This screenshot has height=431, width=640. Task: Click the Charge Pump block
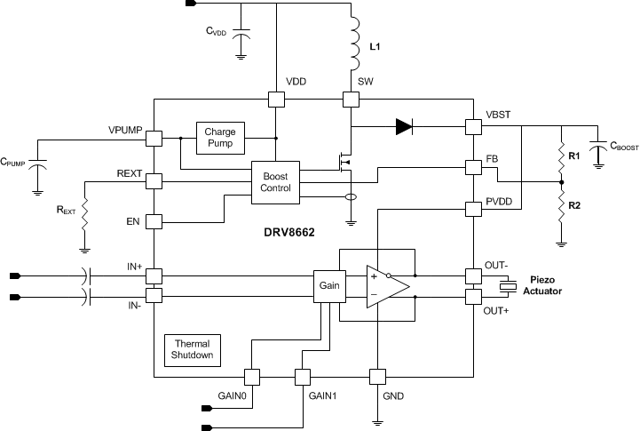pyautogui.click(x=221, y=138)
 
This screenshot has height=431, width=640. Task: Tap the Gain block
pyautogui.click(x=328, y=286)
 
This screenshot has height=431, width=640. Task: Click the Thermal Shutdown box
pyautogui.click(x=193, y=349)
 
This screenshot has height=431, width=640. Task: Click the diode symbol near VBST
pyautogui.click(x=405, y=127)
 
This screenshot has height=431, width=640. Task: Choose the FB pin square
pyautogui.click(x=473, y=168)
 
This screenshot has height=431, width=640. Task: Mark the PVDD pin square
pyautogui.click(x=473, y=211)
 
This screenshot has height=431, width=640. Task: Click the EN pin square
pyautogui.click(x=154, y=221)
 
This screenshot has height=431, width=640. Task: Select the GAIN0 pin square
pyautogui.click(x=251, y=377)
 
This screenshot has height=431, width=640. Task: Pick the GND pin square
pyautogui.click(x=376, y=377)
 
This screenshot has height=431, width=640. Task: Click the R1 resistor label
pyautogui.click(x=574, y=155)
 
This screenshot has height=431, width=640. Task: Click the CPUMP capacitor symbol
pyautogui.click(x=37, y=166)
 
